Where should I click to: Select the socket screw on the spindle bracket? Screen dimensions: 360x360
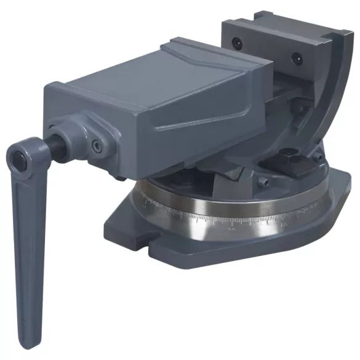(97, 146)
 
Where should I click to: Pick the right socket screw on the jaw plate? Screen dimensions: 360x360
(298, 58)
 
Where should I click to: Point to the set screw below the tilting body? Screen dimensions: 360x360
(263, 182)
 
